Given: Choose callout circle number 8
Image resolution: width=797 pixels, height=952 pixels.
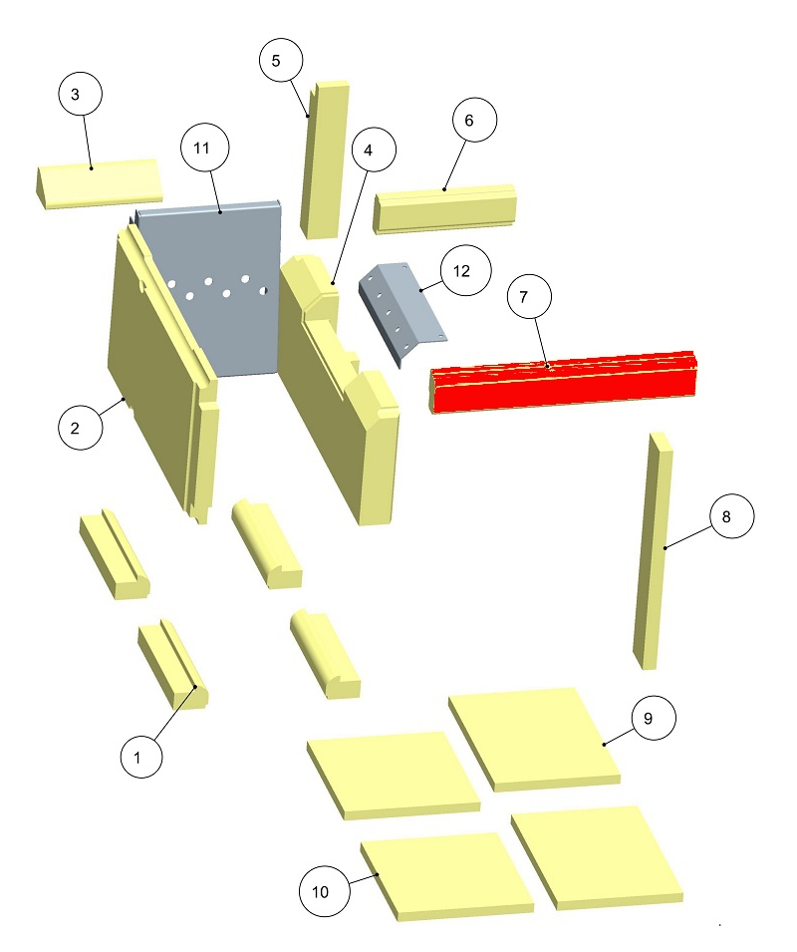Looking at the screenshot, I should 731,517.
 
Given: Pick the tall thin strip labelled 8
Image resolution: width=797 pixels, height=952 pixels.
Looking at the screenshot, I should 653,553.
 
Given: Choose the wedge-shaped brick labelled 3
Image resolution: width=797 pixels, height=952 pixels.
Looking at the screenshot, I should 98,185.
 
